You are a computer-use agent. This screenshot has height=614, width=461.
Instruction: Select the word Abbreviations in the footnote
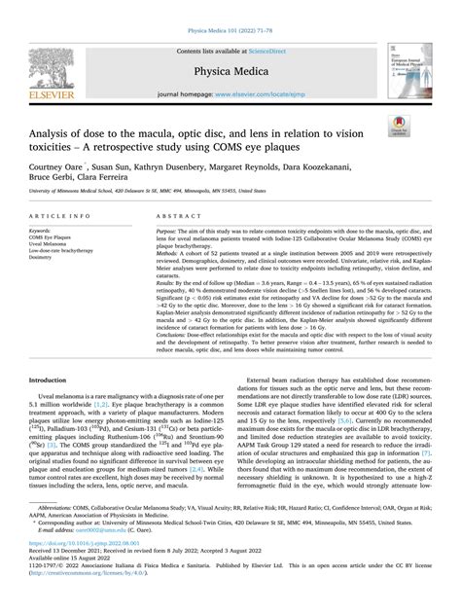[57, 533]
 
